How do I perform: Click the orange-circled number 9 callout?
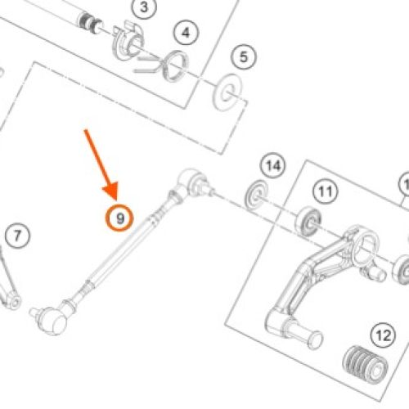click(x=119, y=218)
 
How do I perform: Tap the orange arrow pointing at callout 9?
click(x=101, y=165)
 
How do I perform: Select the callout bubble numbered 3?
click(x=144, y=7)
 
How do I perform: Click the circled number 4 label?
click(x=187, y=33)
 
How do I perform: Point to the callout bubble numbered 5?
click(x=244, y=57)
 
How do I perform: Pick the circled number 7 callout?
click(x=17, y=236)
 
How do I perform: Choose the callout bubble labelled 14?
click(x=273, y=165)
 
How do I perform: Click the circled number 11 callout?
click(x=326, y=191)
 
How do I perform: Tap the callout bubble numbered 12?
click(x=384, y=335)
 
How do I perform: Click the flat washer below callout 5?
click(x=227, y=92)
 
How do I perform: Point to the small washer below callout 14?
click(x=256, y=195)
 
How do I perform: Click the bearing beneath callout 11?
click(x=308, y=222)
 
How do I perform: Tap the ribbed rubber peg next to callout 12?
click(x=366, y=365)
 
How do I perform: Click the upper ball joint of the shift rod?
click(x=192, y=182)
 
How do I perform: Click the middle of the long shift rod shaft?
click(x=121, y=251)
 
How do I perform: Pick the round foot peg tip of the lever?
click(x=314, y=339)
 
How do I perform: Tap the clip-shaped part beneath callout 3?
click(x=128, y=41)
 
